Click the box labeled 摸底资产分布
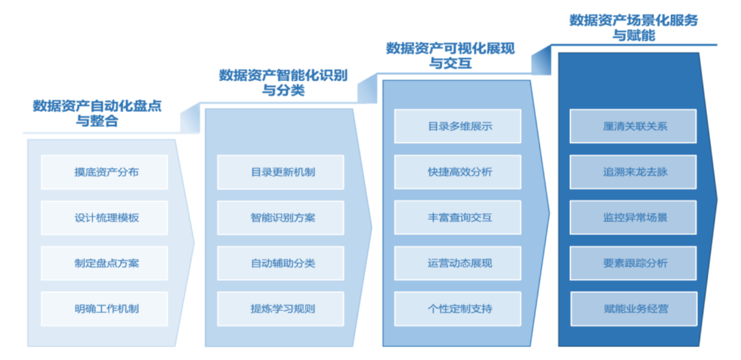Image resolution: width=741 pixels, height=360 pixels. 104,172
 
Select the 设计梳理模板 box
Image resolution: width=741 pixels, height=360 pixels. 104,217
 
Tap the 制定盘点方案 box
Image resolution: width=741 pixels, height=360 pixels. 104,263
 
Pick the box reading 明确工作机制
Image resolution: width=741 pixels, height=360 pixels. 104,309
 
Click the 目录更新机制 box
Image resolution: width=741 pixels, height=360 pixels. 281,172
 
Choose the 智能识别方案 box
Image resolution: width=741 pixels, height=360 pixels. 281,217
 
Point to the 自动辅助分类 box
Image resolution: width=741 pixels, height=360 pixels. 281,263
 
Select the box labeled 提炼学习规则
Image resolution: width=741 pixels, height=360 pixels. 281,309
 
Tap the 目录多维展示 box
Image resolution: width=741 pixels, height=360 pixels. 458,126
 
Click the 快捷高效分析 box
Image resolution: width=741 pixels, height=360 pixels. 458,172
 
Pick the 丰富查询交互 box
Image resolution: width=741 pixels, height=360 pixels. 458,217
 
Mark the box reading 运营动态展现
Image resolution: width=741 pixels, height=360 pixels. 458,263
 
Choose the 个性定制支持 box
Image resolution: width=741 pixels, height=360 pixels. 458,309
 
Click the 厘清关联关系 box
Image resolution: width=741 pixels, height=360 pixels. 634,126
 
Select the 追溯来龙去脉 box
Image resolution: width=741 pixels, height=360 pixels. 634,172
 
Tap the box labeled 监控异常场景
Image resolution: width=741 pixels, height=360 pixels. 634,217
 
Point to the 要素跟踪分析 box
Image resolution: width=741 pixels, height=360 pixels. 634,263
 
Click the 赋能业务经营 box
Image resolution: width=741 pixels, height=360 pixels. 634,309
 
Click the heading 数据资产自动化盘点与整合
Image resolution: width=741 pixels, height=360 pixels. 97,114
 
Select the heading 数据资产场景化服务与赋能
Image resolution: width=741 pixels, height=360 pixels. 633,27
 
